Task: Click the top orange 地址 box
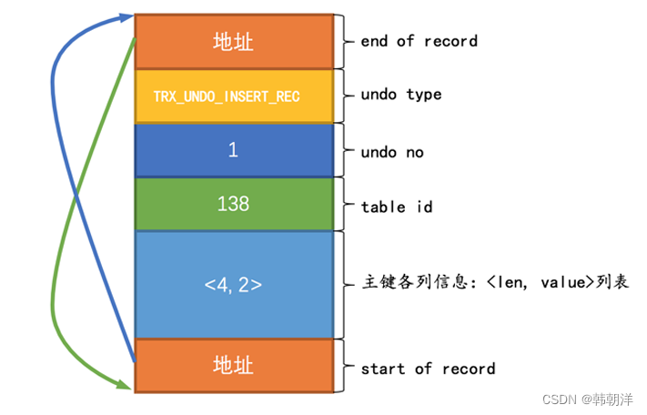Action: click(234, 41)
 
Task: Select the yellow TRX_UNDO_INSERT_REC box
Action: click(234, 96)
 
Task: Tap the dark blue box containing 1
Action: click(234, 150)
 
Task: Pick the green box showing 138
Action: click(234, 205)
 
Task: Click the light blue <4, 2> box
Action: click(234, 284)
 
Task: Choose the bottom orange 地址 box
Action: click(234, 366)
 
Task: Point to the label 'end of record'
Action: click(419, 41)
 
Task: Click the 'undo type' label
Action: click(401, 96)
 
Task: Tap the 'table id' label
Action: click(397, 207)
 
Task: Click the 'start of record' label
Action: click(428, 369)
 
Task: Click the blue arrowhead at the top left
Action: click(126, 18)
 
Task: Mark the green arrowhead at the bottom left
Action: click(126, 387)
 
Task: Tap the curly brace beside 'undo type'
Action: click(344, 96)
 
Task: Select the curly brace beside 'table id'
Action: click(344, 206)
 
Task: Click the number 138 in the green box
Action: click(234, 205)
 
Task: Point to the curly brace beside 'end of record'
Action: click(344, 41)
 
